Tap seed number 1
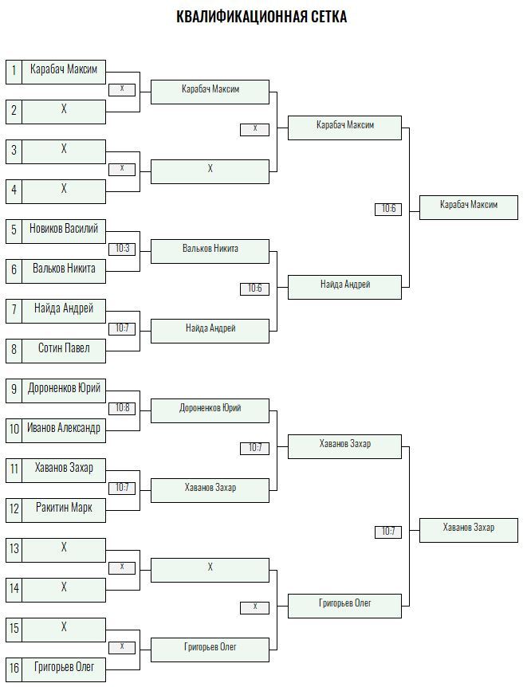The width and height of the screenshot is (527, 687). [x=14, y=70]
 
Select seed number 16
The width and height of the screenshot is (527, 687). [x=14, y=668]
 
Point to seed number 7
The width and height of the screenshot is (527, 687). [x=14, y=309]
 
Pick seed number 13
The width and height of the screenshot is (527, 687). [x=14, y=548]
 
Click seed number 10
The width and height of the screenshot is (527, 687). [x=14, y=429]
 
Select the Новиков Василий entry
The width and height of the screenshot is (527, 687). [x=64, y=228]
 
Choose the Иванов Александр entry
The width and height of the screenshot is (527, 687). [x=64, y=428]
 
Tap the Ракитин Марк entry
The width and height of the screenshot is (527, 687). [x=64, y=508]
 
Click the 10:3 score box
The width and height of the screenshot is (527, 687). [x=122, y=249]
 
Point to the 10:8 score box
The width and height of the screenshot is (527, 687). [x=122, y=408]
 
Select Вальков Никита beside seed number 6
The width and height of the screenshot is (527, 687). [x=64, y=268]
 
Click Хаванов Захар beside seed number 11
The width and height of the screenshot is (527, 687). [x=64, y=468]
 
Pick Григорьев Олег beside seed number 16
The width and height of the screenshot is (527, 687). [x=64, y=667]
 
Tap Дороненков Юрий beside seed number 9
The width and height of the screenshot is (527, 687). [x=64, y=388]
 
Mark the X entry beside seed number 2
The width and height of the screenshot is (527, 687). [x=64, y=109]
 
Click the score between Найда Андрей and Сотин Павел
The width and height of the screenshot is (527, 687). [x=122, y=328]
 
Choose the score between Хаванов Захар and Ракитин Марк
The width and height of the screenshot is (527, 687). [x=122, y=488]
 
